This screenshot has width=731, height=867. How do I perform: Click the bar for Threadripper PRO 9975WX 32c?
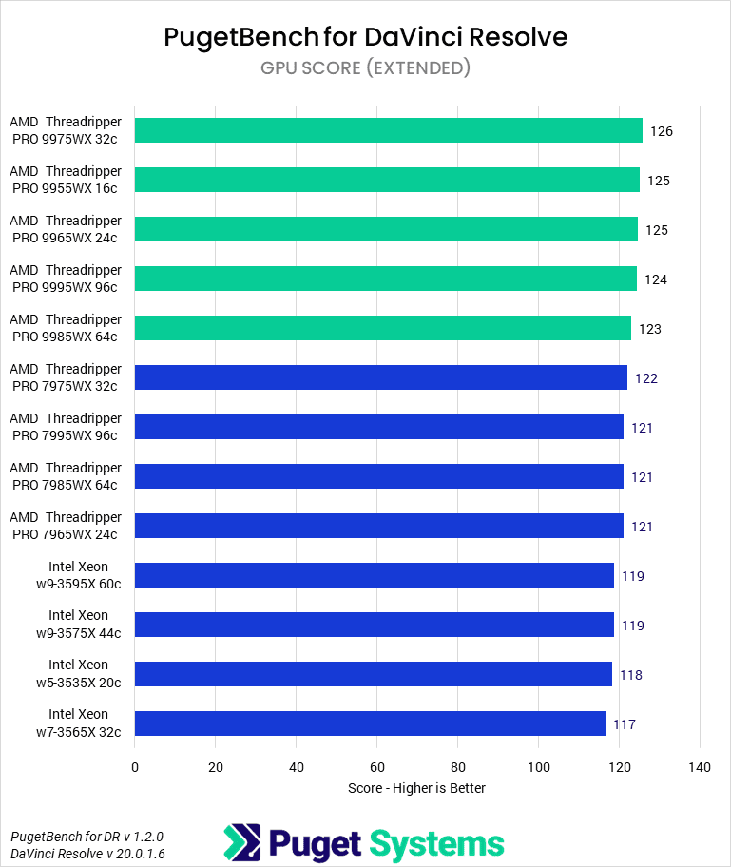[x=388, y=130]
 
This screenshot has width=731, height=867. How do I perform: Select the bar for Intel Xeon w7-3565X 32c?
[x=370, y=723]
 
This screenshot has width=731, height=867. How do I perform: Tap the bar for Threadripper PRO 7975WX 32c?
[x=380, y=377]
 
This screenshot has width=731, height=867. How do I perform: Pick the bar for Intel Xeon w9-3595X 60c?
[x=374, y=575]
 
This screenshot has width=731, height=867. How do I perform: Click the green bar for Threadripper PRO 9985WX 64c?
[x=382, y=328]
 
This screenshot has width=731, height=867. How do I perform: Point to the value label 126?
[x=662, y=131]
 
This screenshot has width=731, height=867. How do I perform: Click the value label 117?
[x=624, y=724]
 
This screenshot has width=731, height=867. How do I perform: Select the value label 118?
[x=630, y=675]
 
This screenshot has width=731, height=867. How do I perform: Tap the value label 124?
[x=656, y=279]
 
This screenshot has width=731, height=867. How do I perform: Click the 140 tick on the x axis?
[x=700, y=767]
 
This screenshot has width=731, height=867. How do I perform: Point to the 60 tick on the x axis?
[x=377, y=767]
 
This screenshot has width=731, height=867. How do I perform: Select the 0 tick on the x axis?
[x=135, y=767]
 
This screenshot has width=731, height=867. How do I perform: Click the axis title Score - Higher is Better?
[x=416, y=788]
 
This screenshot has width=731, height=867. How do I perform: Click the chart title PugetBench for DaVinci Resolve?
[x=365, y=37]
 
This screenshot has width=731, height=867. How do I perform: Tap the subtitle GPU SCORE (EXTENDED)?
[x=365, y=67]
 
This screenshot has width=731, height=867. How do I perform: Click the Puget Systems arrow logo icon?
[x=241, y=843]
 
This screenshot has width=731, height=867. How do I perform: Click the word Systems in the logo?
[x=436, y=843]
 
